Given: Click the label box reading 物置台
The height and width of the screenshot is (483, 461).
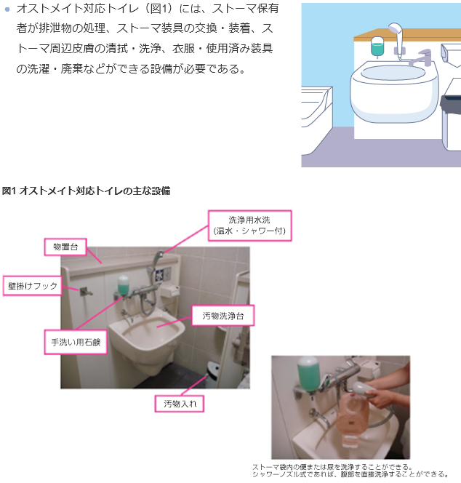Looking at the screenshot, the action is tap(65, 247).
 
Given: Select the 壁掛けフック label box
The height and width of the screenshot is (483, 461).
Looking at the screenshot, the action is tap(32, 286).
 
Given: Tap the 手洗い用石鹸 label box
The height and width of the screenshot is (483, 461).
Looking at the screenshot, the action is tap(76, 342).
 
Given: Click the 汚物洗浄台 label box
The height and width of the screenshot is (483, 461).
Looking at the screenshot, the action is tap(223, 316).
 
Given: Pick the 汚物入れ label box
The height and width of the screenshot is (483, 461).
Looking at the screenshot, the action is tap(180, 404).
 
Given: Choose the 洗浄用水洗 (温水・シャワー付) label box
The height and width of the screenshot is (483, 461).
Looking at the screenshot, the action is tap(249, 225).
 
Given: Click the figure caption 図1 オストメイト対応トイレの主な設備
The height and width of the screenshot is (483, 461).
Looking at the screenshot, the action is tap(86, 191).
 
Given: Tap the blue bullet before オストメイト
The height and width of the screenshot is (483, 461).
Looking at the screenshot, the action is tap(7, 9).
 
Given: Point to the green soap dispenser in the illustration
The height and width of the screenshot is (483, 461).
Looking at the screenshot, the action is tap(377, 47).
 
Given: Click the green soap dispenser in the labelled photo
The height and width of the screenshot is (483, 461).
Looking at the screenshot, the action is tap(123, 286).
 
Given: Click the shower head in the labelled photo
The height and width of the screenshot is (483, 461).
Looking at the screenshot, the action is tap(159, 255).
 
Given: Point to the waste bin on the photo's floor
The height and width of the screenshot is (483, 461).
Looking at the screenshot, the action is tap(212, 375).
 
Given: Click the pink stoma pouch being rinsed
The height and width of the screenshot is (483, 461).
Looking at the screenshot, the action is tap(352, 418).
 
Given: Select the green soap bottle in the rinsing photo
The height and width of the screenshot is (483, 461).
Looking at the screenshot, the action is tap(308, 374).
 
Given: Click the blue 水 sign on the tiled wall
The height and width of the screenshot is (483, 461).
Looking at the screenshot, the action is tap(159, 274).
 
